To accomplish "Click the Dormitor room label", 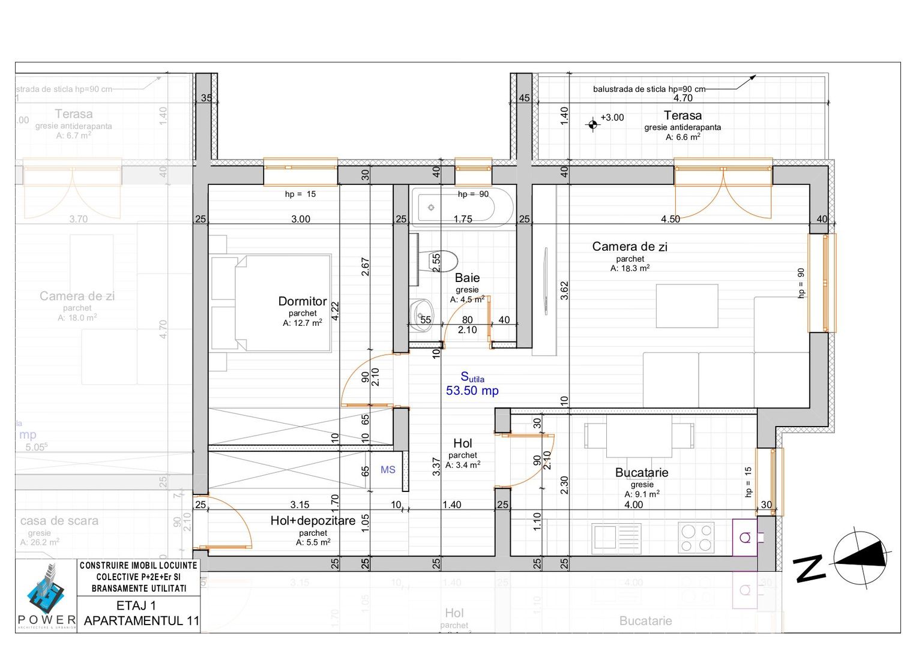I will pos(303,301).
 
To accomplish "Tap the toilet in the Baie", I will pos(442,262).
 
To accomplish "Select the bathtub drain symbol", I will pos(431,208).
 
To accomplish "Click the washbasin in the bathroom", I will pos(421,312).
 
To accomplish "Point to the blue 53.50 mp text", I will pos(472,391).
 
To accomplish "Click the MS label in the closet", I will pos(388,470).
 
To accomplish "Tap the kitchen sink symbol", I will pos(616,538).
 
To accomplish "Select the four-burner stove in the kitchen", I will pos(696,538).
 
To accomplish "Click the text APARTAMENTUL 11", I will pos(142,620).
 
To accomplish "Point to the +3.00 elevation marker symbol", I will pos(593,124).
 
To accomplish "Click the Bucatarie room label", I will pos(642,472).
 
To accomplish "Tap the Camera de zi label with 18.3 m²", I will pos(630,247).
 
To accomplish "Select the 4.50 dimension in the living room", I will pos(670,219).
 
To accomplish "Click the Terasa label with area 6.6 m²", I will pos(682,116).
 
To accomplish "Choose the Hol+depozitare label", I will pos(313,521).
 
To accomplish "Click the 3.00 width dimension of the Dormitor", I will pos(301,219).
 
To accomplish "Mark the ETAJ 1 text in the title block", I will pos(136,605).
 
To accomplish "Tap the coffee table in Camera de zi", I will pos(687,306).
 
